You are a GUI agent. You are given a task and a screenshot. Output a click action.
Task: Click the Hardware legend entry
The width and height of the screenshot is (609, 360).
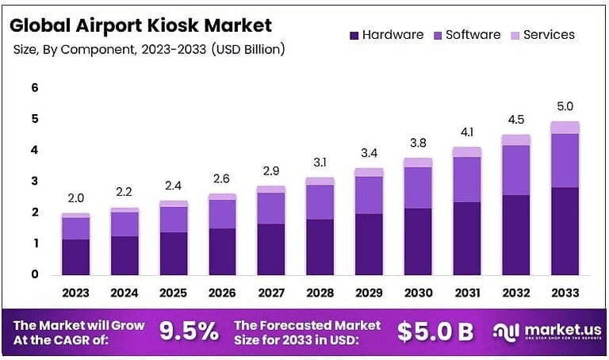coord(383,35)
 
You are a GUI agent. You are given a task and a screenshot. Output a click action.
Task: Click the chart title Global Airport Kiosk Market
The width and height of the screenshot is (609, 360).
coord(140,25)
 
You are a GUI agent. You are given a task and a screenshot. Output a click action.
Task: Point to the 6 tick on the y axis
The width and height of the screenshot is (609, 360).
coord(35,88)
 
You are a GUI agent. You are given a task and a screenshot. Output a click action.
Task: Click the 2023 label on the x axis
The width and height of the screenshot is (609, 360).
coord(75,293)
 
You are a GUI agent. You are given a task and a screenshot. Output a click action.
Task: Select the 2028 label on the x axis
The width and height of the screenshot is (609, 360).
coord(320,293)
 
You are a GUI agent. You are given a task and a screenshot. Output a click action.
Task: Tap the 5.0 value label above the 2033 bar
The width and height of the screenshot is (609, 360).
coord(565,106)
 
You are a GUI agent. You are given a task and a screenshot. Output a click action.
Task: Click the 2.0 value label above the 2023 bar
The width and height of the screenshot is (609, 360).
coord(75,198)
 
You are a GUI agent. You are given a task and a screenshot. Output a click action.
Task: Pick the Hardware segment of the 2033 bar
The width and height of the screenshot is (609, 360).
coord(565,231)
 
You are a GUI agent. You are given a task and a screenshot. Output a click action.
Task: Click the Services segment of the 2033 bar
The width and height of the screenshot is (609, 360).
coord(565,128)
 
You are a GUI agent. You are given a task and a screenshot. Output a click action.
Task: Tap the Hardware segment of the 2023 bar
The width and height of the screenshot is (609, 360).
coord(75,257)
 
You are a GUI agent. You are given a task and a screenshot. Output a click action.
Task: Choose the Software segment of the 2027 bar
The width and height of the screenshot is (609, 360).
coord(271,208)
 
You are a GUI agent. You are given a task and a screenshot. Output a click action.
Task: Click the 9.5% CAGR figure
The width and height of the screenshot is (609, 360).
coord(189,331)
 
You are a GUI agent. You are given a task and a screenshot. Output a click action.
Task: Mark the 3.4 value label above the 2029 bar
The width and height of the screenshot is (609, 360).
coord(369,152)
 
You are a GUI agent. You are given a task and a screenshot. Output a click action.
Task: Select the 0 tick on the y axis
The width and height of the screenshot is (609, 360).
coord(35,275)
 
